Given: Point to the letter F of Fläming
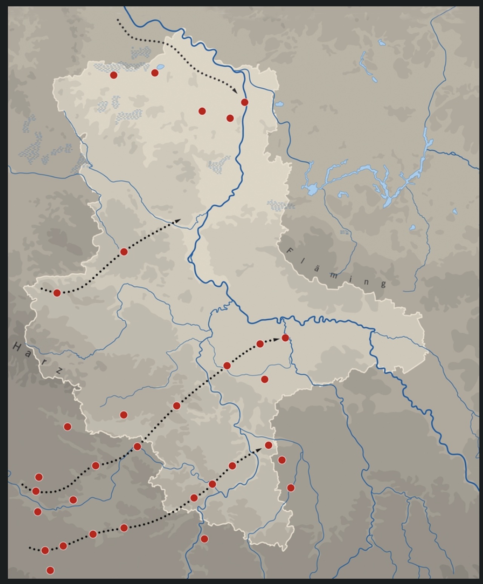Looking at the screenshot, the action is tap(290, 250).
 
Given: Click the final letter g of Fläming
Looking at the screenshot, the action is tap(383, 284).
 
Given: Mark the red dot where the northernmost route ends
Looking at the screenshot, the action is tap(245, 102).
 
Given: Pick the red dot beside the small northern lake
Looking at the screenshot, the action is tap(155, 73).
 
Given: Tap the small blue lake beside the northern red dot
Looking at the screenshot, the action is tap(160, 67).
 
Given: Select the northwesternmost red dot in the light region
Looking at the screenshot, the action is tap(114, 75).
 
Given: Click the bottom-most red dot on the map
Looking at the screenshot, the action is tap(50, 570).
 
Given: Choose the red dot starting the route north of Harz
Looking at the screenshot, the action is tap(57, 293).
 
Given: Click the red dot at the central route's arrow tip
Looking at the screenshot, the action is tap(286, 338).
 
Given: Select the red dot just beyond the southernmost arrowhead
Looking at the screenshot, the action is tap(269, 445).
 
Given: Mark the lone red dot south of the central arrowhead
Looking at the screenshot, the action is tap(265, 379).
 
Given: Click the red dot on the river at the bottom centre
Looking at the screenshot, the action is tap(204, 539).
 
